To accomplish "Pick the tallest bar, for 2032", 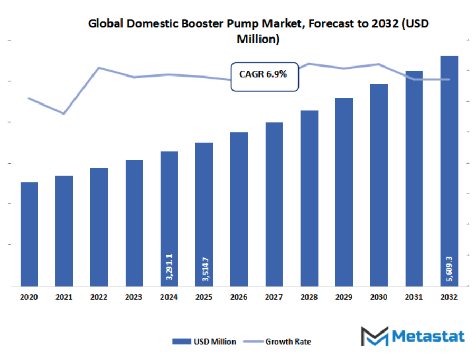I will click(449, 171).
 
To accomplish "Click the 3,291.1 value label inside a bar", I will click(169, 266).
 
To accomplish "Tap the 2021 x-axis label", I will click(64, 298).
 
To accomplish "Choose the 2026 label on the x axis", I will click(239, 298).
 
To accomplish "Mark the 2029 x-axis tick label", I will click(344, 298).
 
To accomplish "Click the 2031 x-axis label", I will click(414, 298).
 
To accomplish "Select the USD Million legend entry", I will click(204, 342).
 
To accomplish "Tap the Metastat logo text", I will click(428, 336).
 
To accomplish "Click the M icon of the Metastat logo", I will click(374, 336).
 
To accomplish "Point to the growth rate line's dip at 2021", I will click(64, 113).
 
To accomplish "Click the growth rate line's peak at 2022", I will click(99, 68).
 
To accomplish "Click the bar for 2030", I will click(379, 185).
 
